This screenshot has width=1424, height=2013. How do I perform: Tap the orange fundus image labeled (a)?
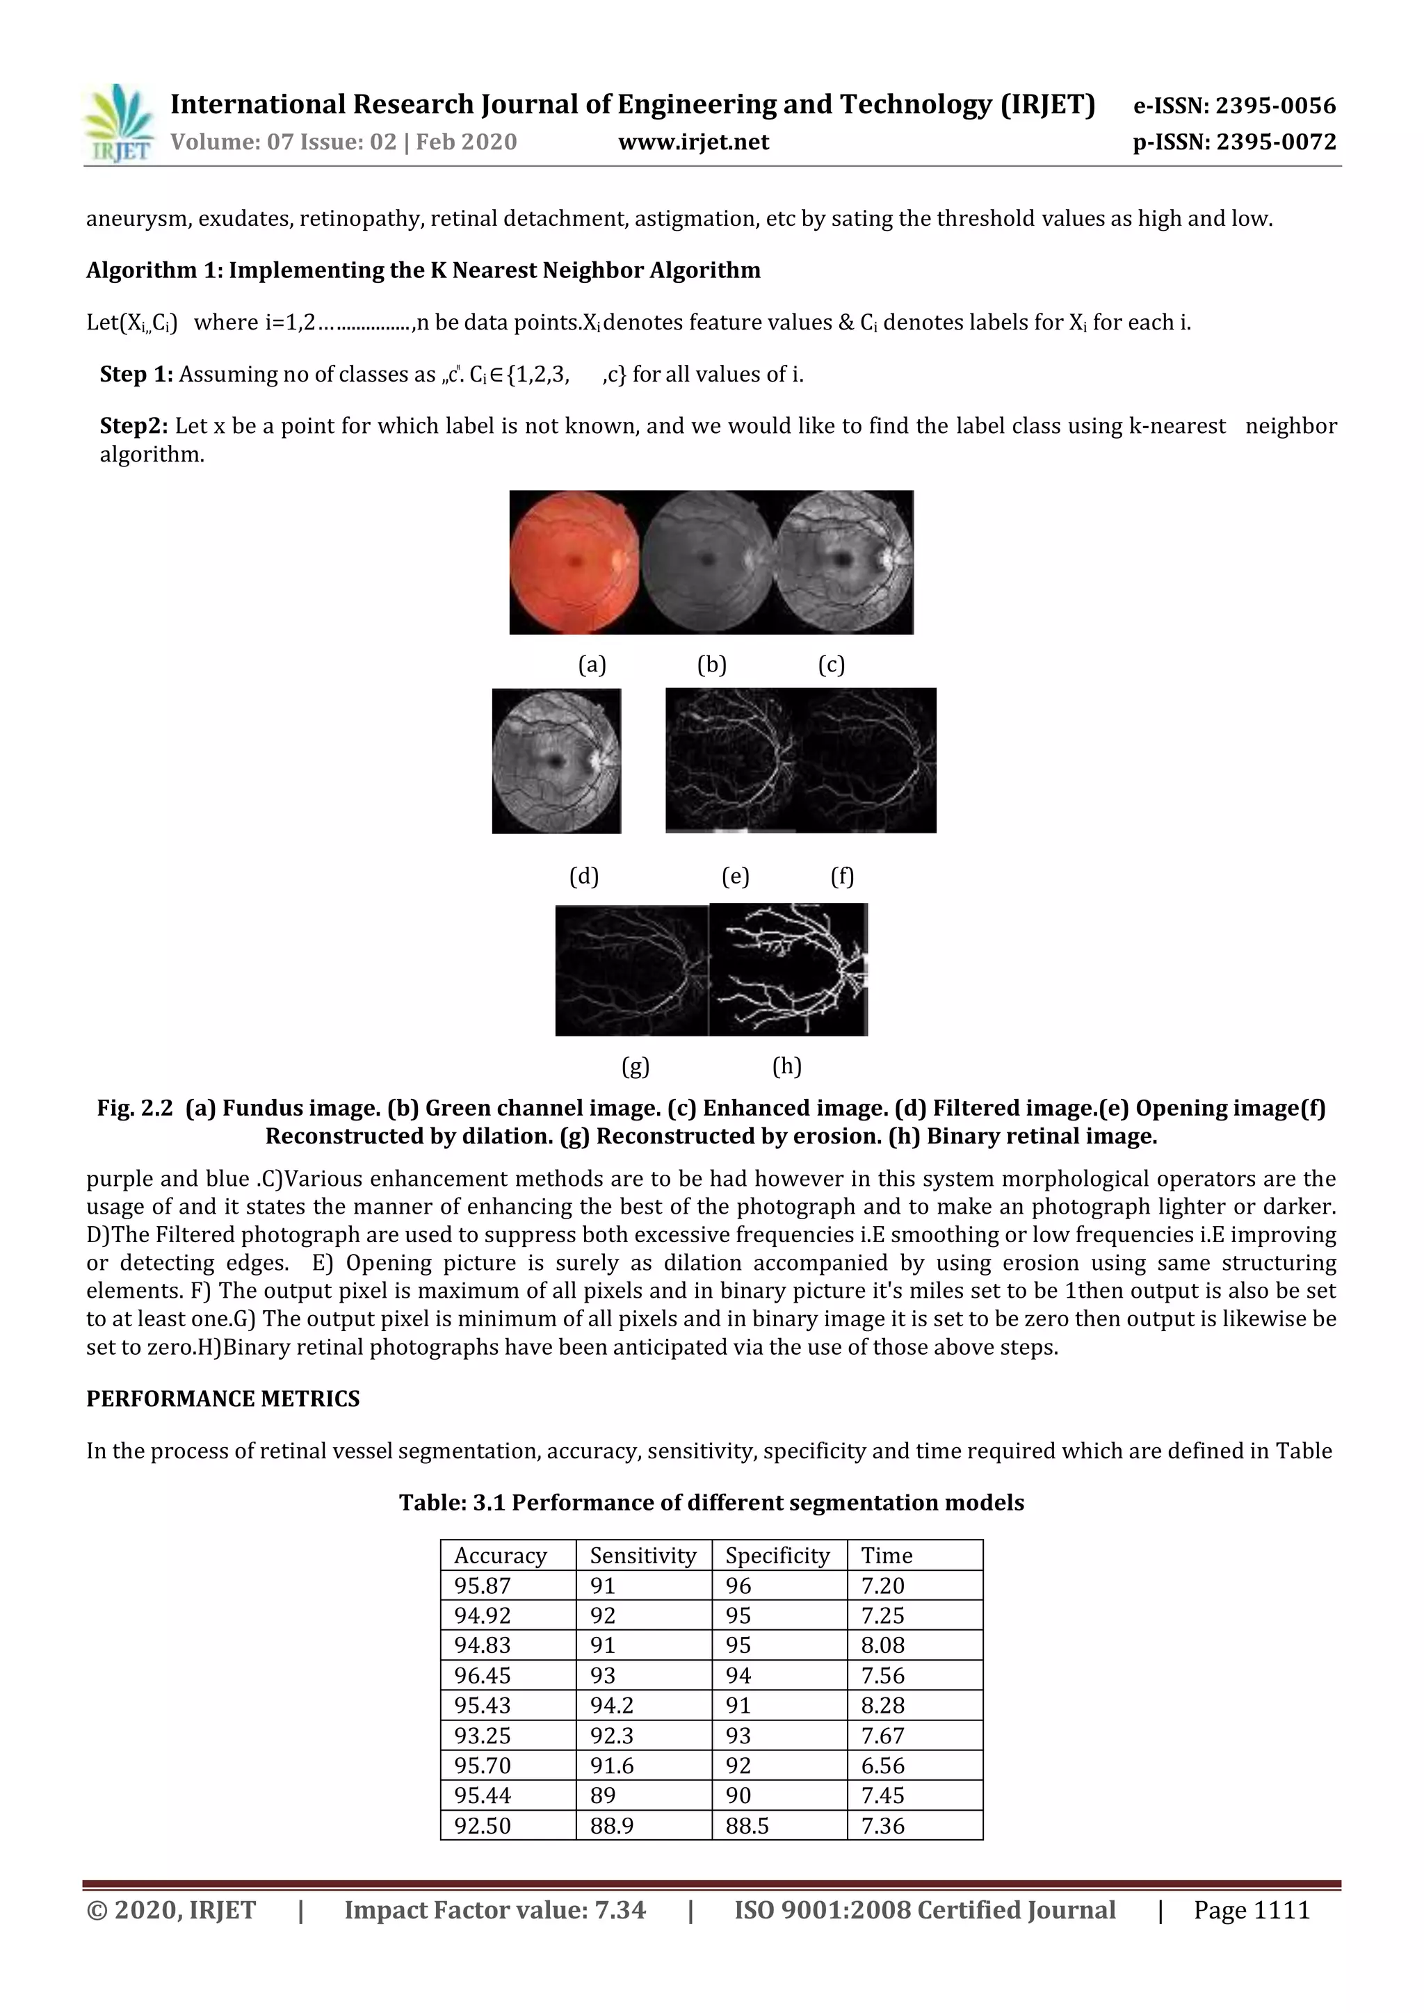(574, 562)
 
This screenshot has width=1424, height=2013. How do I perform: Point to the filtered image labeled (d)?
(556, 760)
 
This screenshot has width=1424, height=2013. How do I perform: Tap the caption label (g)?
(635, 1066)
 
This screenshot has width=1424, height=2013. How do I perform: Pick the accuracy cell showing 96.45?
(483, 1675)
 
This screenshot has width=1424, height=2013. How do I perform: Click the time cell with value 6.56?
(882, 1766)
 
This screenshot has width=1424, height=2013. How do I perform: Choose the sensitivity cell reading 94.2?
(611, 1705)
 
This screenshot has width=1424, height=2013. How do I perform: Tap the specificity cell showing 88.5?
(747, 1825)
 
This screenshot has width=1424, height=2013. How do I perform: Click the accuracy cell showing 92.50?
(483, 1825)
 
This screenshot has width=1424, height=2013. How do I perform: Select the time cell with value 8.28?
(882, 1705)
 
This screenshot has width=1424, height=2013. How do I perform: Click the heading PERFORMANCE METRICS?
(222, 1399)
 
